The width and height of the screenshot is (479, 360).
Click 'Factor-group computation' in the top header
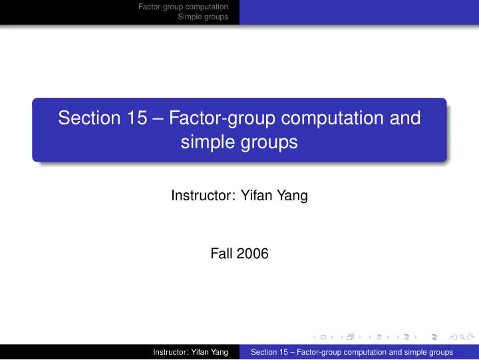[x=184, y=7]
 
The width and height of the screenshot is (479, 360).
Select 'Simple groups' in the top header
[x=203, y=17]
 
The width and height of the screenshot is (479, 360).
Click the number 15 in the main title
[x=137, y=118]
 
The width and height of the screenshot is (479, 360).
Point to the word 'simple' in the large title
[x=208, y=142]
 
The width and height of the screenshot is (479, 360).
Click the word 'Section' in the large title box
[x=89, y=118]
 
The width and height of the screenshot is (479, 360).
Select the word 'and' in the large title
[x=405, y=118]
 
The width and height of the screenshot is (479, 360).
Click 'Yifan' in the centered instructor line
[x=256, y=195]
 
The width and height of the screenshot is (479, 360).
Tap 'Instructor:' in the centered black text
[x=204, y=195]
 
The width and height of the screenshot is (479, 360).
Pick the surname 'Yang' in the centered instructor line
[x=292, y=196]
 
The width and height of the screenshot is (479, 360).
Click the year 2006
[x=252, y=254]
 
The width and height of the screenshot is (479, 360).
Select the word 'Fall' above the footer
[x=221, y=254]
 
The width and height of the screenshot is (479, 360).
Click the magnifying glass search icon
[x=462, y=337]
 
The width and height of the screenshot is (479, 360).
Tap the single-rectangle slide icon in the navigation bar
[x=323, y=337]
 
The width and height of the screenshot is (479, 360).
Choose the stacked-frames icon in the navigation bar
[x=351, y=337]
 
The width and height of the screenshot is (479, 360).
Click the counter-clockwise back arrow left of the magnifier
[x=454, y=337]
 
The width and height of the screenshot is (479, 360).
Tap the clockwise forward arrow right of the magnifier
[x=471, y=337]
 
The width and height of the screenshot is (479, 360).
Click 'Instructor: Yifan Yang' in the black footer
[x=190, y=352]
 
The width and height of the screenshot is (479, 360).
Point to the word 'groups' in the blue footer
[x=441, y=353]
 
